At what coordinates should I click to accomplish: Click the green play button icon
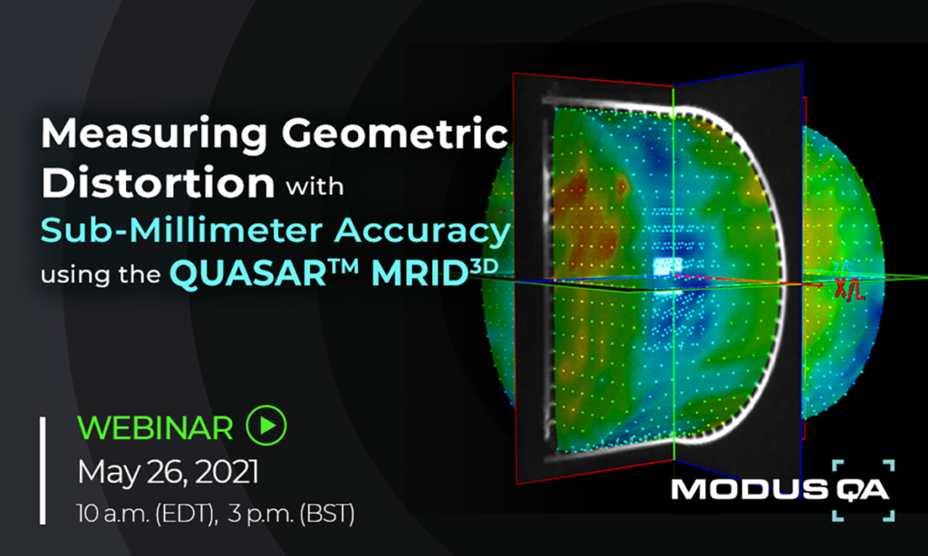click(x=267, y=425)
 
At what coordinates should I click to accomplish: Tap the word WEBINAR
click(x=155, y=427)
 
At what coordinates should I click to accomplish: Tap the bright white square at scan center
click(x=667, y=266)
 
